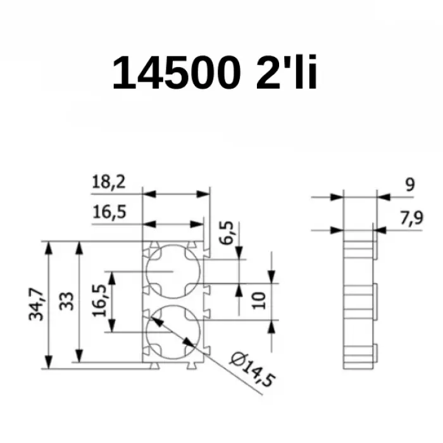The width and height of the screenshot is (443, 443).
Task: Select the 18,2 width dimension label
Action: (109, 183)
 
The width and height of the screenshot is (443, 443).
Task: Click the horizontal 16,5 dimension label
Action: (109, 213)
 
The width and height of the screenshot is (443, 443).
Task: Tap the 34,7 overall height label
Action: (37, 304)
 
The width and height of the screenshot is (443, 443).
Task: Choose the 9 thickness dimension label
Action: (409, 185)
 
